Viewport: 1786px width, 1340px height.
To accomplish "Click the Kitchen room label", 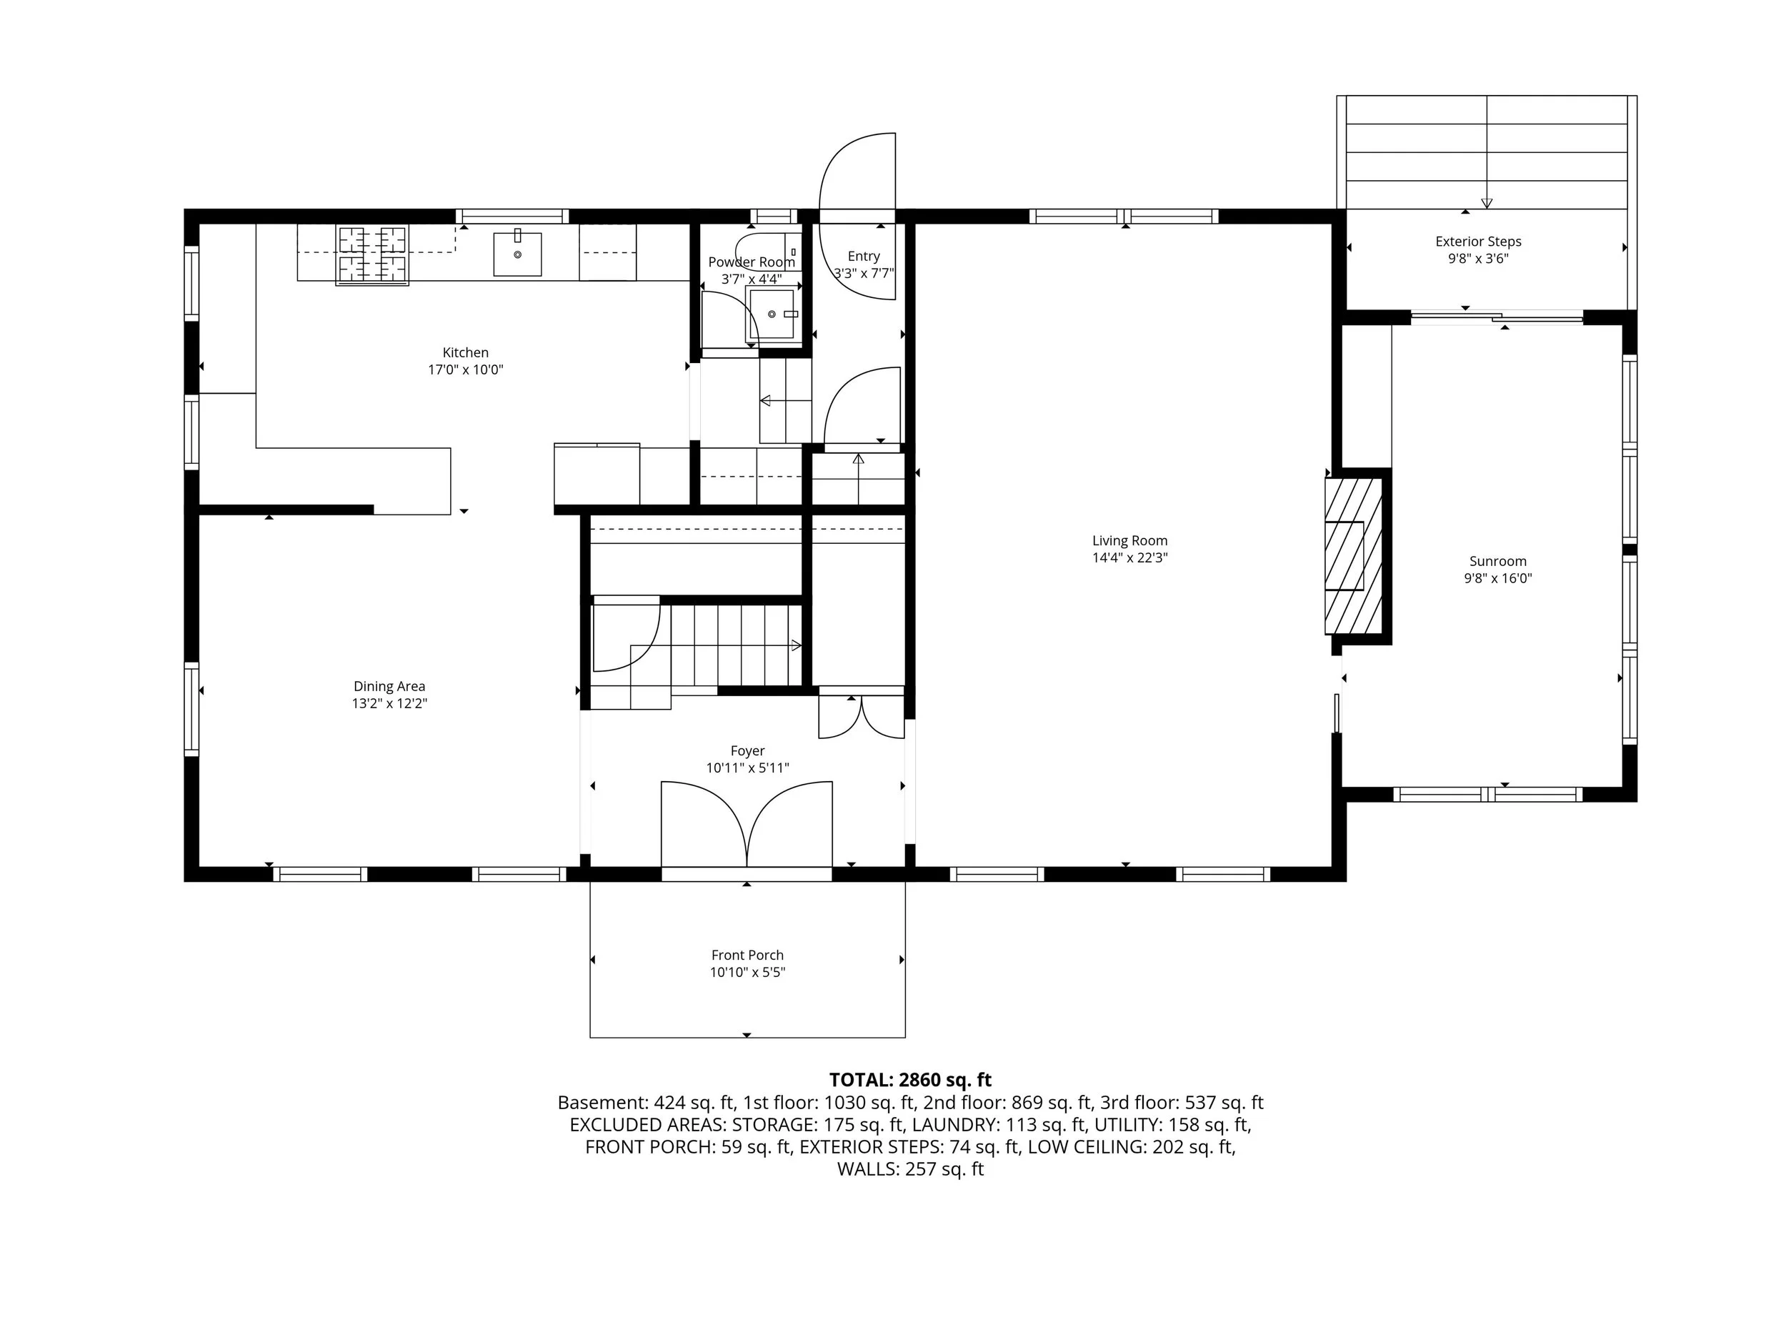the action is [465, 352].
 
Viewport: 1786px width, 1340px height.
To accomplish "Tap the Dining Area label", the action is [389, 686].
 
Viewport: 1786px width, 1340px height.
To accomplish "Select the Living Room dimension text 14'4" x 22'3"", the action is [1129, 557].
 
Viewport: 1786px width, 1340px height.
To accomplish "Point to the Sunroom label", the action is [1498, 560].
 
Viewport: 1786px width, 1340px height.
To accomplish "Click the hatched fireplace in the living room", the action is [1353, 557].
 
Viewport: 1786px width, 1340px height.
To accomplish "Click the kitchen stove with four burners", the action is [372, 255].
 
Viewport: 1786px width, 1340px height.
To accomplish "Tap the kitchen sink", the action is [517, 254].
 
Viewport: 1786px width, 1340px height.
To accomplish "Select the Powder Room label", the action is [751, 262].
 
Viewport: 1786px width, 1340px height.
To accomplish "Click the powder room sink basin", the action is [772, 314].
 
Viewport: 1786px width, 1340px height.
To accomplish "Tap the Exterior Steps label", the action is [1477, 241].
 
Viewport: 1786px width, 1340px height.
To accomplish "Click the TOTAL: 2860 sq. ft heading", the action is [910, 1079].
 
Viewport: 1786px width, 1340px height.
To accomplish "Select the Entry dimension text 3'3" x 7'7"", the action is [863, 273].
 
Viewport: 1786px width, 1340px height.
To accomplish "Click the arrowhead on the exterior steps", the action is [1487, 204].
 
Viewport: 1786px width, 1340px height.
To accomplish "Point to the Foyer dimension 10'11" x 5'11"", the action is [748, 768].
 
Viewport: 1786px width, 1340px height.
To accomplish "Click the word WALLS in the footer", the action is [864, 1168].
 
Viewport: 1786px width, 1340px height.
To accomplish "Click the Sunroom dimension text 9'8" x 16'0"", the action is [1498, 578].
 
